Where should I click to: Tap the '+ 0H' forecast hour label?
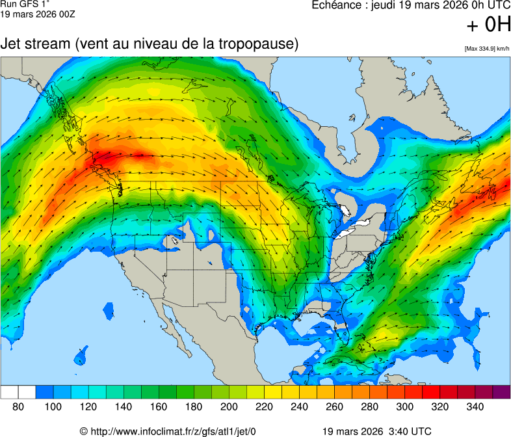tap(489, 25)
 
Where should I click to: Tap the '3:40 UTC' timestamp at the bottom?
tap(410, 431)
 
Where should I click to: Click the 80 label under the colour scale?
tap(18, 406)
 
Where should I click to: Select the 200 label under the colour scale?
tap(229, 406)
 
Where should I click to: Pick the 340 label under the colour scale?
tap(475, 406)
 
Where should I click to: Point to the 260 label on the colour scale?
tap(334, 406)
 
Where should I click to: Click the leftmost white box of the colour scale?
tap(9, 392)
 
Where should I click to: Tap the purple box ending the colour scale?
tap(501, 392)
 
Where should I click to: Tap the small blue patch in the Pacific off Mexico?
tap(81, 356)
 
